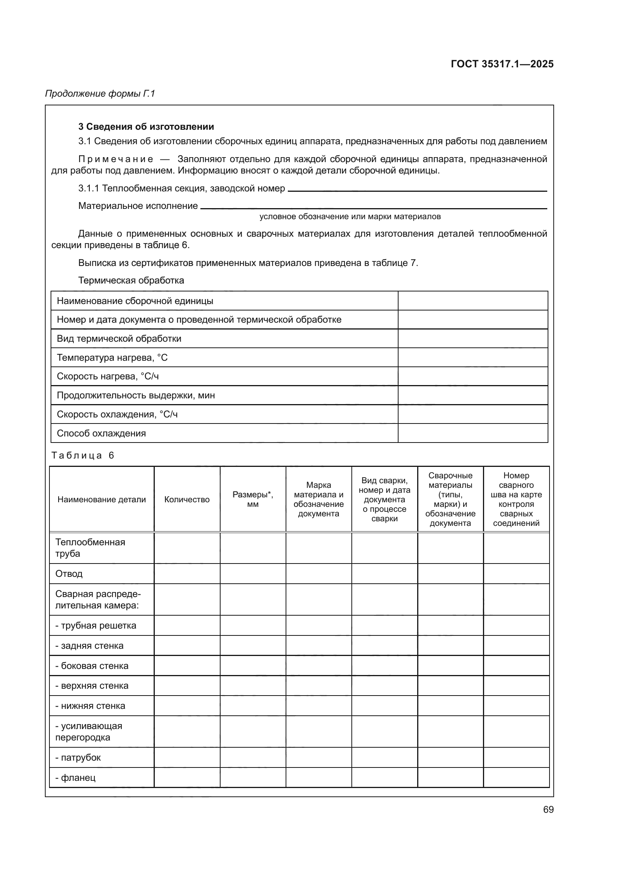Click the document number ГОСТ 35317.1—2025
coord(502,64)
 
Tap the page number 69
coord(548,809)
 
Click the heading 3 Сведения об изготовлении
coord(146,127)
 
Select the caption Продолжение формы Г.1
coord(100,94)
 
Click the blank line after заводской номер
coord(417,189)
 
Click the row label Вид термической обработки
coord(119,338)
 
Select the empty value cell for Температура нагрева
coord(473,357)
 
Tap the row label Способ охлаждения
coord(101,433)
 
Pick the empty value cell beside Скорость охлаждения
coord(473,414)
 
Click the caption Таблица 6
coord(83,455)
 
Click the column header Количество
coord(187,499)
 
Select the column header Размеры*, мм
coord(253,499)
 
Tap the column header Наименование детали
coord(102,499)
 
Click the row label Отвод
coord(69,574)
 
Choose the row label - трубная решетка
coord(96,625)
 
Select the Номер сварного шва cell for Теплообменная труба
coord(516,548)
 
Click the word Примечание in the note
coord(116,159)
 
